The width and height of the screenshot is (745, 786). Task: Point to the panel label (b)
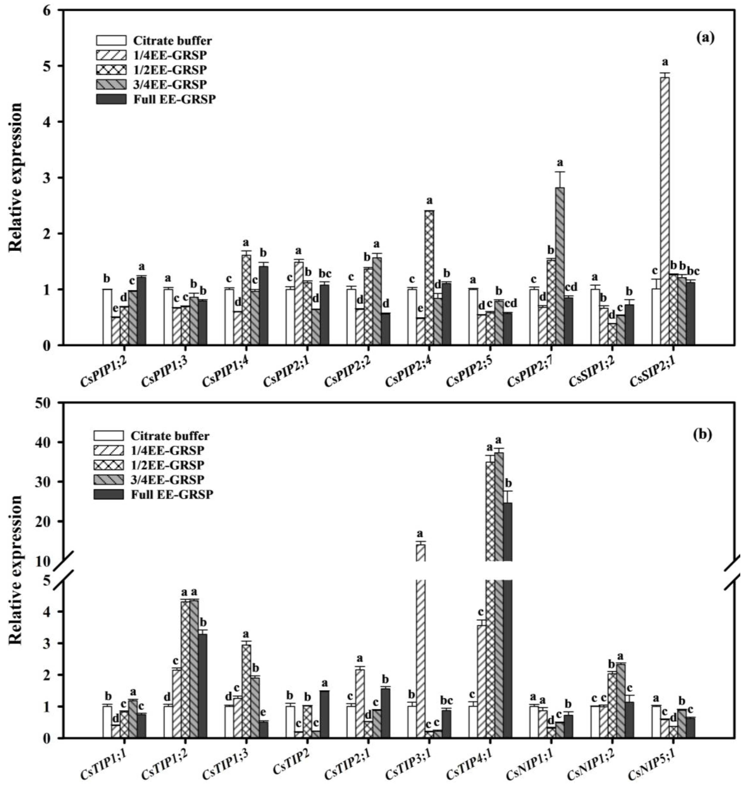[703, 434]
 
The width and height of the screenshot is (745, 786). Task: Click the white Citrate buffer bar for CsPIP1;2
[107, 317]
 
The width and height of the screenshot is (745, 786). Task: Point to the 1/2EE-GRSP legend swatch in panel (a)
[111, 70]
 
